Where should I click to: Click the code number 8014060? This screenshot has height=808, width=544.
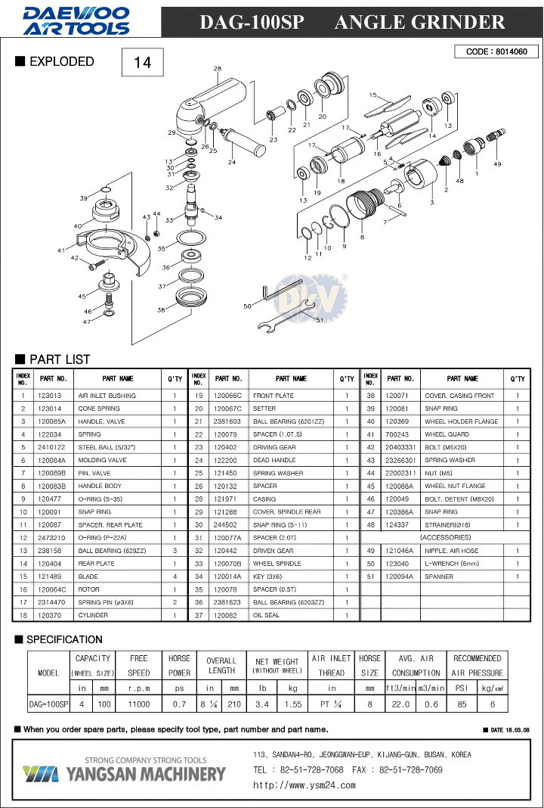tap(512, 51)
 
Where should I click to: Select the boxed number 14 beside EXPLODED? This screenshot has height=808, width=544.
tap(143, 62)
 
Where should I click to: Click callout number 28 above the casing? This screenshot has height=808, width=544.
tap(217, 69)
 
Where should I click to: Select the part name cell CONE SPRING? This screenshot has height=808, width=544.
tap(99, 409)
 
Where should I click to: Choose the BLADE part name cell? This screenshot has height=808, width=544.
tap(88, 576)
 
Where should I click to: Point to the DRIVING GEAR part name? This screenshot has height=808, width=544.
tap(274, 447)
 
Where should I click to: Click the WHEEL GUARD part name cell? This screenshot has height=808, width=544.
tap(447, 434)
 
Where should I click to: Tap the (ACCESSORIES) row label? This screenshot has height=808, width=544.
tap(446, 537)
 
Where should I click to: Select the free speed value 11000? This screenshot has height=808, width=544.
tap(138, 704)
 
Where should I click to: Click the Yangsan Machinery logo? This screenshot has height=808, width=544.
tap(124, 769)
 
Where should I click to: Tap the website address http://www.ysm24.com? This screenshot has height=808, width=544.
tap(304, 785)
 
